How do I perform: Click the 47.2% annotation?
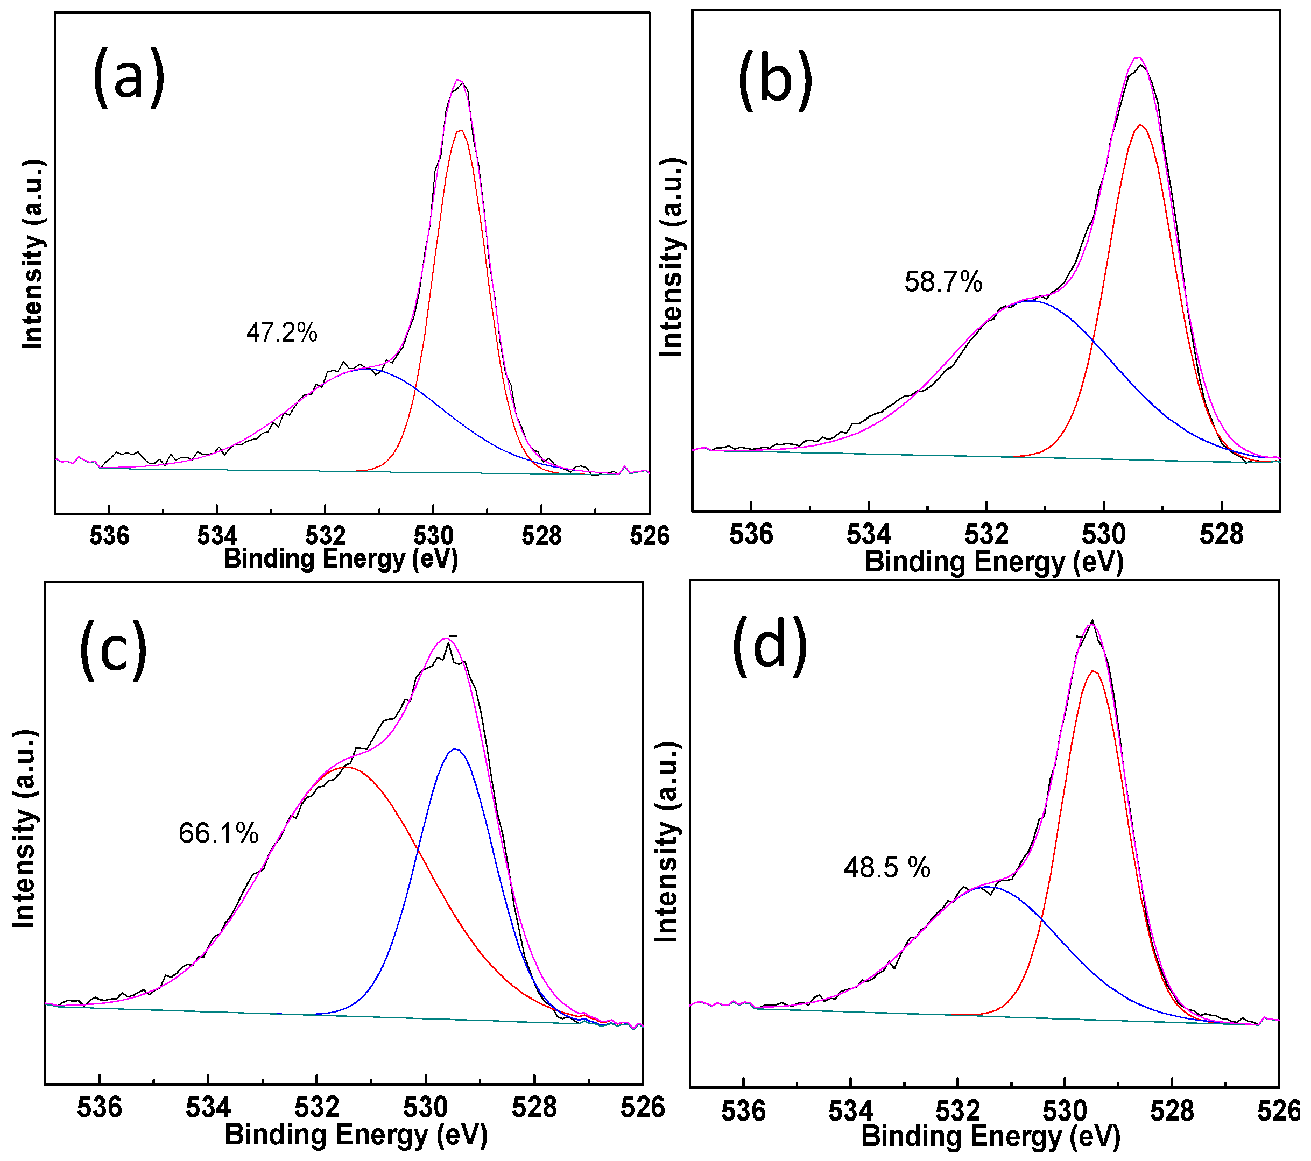tap(281, 332)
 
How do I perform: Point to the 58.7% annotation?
tap(943, 282)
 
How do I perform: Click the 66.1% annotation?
tap(219, 833)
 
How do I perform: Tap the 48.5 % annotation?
tap(886, 868)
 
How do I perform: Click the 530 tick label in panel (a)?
tap(434, 535)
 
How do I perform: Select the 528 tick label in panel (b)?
tap(1221, 534)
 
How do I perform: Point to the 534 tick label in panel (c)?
tap(208, 1107)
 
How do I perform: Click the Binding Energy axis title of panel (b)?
tap(994, 562)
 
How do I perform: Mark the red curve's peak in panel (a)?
tap(461, 131)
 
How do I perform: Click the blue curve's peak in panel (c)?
tap(455, 749)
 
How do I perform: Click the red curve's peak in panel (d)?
tap(1094, 671)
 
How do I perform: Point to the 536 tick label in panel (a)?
tap(109, 535)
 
